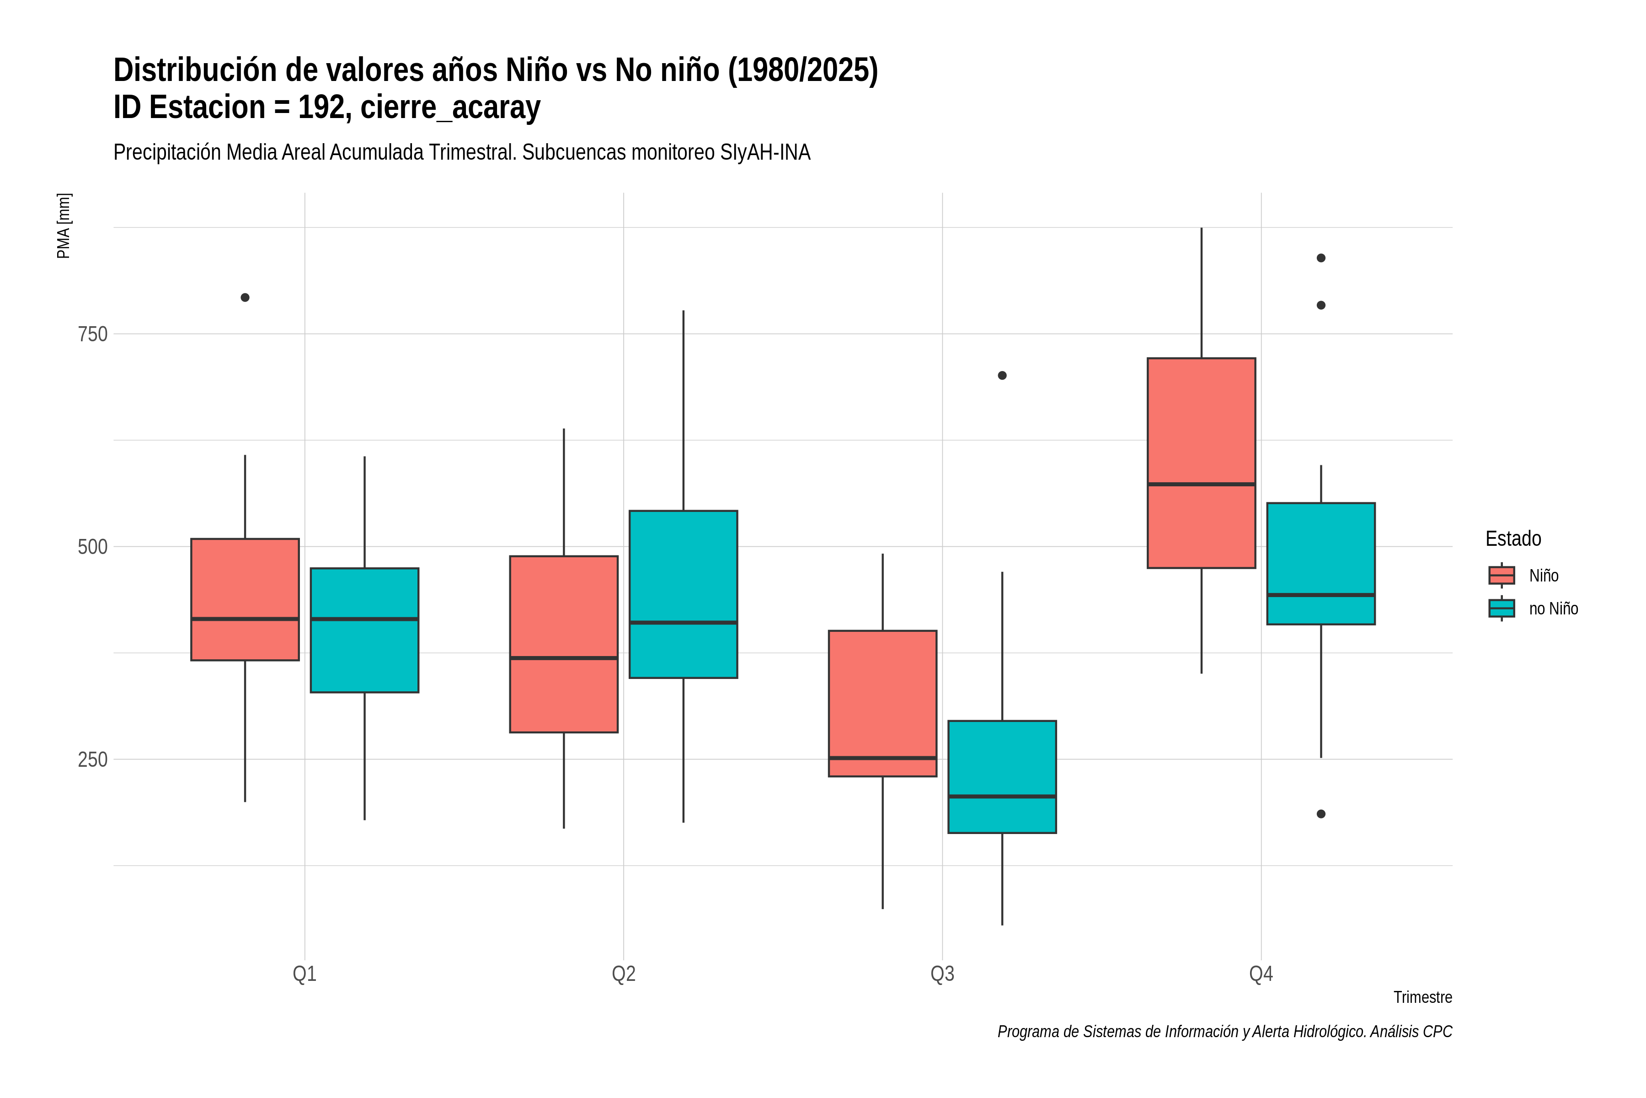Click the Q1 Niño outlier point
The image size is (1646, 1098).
245,298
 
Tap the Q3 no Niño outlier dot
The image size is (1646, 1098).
1002,375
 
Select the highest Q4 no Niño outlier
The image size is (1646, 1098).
1321,258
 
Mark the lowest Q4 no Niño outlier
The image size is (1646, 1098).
1321,814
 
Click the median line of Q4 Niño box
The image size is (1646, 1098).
1202,484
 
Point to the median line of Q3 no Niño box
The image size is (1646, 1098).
1002,796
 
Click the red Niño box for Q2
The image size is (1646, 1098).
564,644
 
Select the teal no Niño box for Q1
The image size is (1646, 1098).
364,630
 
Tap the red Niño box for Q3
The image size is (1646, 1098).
882,704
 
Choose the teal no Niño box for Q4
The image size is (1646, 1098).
1321,564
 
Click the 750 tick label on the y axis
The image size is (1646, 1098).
93,334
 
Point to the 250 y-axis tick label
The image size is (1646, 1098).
93,760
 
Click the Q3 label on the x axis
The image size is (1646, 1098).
943,974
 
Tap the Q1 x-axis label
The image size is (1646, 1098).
305,974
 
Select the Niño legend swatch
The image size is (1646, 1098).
1502,576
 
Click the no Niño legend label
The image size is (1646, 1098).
1554,608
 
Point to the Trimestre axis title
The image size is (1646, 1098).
1423,997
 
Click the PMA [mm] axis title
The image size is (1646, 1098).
64,226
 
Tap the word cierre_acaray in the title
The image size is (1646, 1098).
451,108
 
